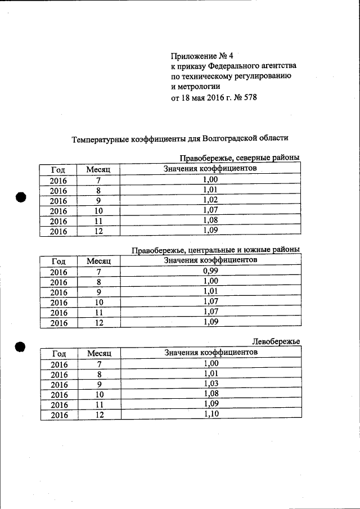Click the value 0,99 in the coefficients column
(x=210, y=271)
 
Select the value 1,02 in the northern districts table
(x=210, y=199)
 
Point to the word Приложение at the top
(x=193, y=56)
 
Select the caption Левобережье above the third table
(x=276, y=341)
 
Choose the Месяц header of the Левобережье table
(x=98, y=353)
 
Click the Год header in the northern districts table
(x=58, y=169)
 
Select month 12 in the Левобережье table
(x=99, y=415)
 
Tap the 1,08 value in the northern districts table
(x=210, y=220)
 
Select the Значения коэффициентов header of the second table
(x=210, y=260)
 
